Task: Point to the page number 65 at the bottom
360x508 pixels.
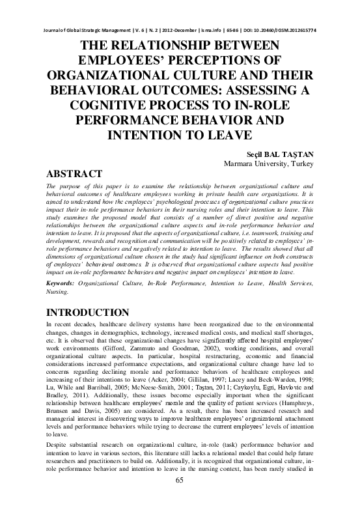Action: pos(180,498)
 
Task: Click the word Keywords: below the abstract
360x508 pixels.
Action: pos(63,285)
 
